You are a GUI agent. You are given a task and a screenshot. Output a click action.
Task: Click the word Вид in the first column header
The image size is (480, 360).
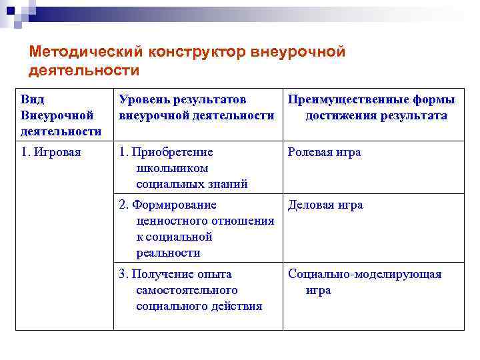[33, 99]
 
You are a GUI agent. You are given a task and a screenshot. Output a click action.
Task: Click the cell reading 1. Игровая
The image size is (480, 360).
[51, 152]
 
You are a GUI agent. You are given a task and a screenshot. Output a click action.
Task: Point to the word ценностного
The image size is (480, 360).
[170, 221]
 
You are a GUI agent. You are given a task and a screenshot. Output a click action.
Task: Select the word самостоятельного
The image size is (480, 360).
[187, 290]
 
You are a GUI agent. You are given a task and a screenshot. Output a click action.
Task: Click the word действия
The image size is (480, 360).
[237, 306]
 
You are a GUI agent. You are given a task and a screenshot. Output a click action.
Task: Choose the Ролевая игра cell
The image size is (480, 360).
[324, 152]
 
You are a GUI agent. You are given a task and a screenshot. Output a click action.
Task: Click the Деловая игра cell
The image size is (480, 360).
[325, 205]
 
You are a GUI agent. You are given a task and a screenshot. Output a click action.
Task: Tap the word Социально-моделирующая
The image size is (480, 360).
[365, 274]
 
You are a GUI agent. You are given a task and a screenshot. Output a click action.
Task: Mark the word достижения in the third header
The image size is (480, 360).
[341, 115]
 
